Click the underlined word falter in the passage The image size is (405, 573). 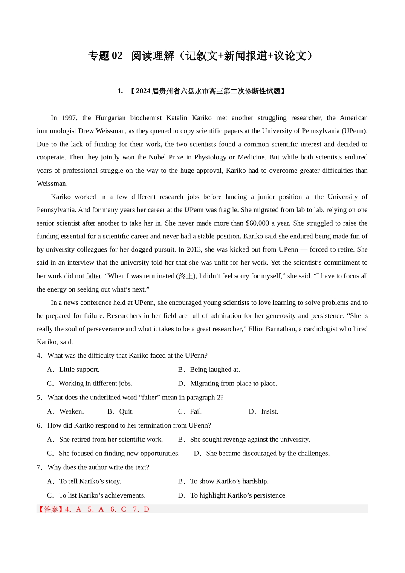click(93, 276)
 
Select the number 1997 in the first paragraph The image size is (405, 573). click(69, 118)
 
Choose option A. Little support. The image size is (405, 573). click(73, 369)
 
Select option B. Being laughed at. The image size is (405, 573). click(209, 369)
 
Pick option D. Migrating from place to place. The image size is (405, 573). click(228, 383)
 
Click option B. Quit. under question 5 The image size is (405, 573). click(121, 411)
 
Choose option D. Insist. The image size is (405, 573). click(263, 411)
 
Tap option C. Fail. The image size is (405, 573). click(191, 411)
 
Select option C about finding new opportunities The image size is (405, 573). click(113, 453)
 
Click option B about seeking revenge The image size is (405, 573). click(244, 439)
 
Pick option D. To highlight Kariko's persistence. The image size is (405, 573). click(232, 495)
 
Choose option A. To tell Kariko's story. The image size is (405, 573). click(84, 481)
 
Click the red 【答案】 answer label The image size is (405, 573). click(51, 509)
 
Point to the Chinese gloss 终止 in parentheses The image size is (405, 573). click(186, 276)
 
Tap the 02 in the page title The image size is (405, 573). click(117, 56)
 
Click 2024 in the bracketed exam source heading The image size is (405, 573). click(143, 91)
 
